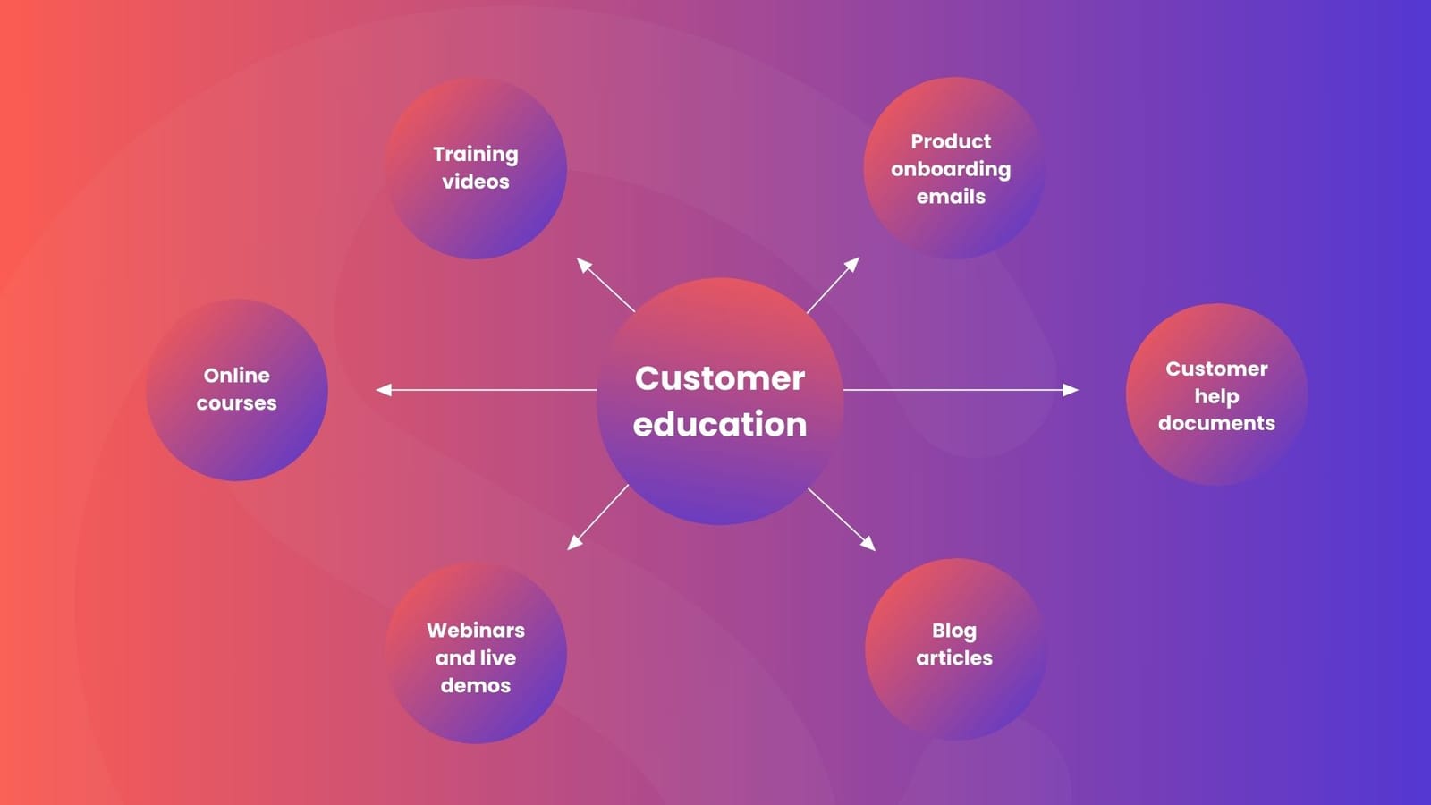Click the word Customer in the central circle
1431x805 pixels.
click(720, 378)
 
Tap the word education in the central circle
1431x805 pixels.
click(720, 424)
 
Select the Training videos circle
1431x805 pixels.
click(476, 168)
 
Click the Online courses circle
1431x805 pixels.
click(237, 390)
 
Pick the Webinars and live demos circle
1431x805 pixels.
click(476, 653)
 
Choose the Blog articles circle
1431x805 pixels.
click(955, 649)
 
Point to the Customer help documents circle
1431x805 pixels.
click(1216, 394)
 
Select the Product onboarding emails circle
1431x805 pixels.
click(953, 168)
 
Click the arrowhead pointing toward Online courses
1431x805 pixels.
click(384, 390)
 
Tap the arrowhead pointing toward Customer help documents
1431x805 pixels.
click(1071, 390)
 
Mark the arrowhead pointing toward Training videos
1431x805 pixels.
click(583, 264)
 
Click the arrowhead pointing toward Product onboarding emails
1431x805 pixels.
click(853, 264)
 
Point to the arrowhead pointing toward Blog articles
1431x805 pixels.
click(868, 544)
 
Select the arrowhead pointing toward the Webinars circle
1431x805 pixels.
click(574, 543)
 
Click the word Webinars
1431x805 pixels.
click(476, 630)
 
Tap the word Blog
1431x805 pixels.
click(954, 631)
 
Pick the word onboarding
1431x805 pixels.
click(951, 169)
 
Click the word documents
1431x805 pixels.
click(1216, 423)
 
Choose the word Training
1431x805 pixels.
click(476, 154)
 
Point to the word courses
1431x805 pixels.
click(237, 403)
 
